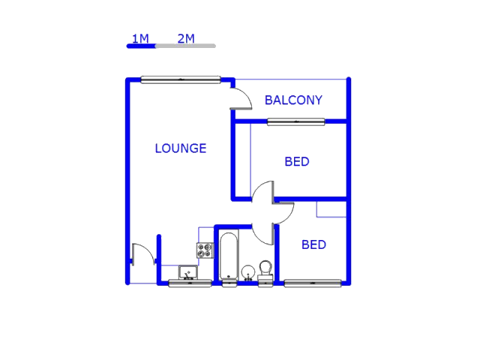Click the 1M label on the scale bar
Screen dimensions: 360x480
[x=140, y=38]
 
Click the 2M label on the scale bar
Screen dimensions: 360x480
[x=186, y=38]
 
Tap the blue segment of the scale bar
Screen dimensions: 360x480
[x=141, y=46]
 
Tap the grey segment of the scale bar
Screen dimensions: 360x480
[x=185, y=46]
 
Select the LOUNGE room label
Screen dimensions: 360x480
[x=180, y=148]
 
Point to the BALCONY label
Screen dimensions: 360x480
[x=293, y=100]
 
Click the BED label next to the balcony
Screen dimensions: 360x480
[x=297, y=162]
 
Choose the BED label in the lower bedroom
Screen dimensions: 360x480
[x=313, y=244]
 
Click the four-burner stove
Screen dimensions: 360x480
[x=205, y=250]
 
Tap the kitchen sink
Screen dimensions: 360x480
[x=187, y=272]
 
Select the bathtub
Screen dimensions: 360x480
[x=229, y=256]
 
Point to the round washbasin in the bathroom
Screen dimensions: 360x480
[x=248, y=271]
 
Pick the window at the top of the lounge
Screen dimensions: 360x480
[x=181, y=79]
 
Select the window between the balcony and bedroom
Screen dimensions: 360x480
[x=295, y=121]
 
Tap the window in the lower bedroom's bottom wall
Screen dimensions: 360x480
[x=313, y=283]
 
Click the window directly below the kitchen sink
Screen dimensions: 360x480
[x=189, y=283]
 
